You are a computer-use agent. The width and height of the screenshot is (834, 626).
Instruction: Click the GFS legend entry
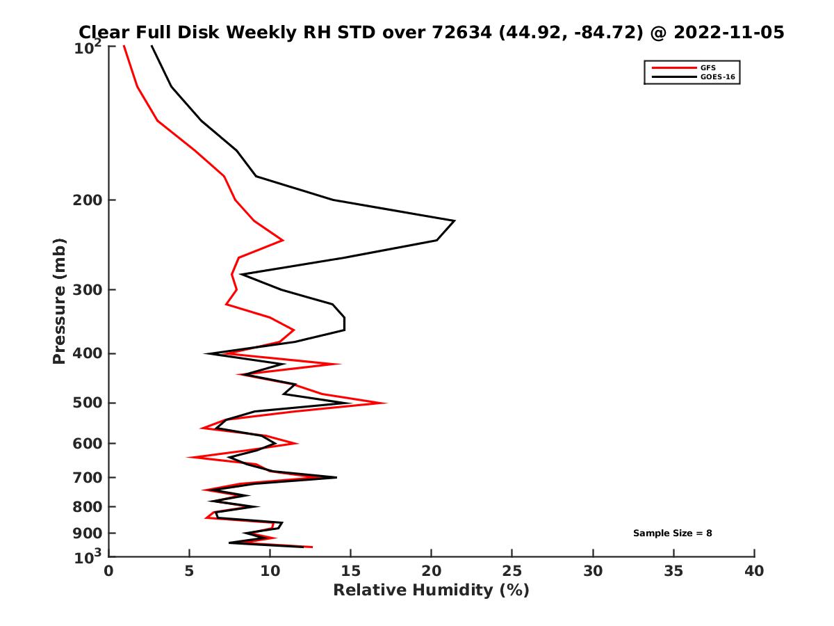click(707, 67)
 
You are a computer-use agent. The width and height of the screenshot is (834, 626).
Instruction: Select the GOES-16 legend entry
click(717, 77)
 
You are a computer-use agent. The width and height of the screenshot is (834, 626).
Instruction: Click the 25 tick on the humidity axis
click(512, 571)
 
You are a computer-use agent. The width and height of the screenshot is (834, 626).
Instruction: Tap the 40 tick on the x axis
click(754, 571)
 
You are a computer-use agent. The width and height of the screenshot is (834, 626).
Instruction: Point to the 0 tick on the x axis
click(108, 571)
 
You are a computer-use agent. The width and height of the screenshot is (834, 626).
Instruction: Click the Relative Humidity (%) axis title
click(431, 591)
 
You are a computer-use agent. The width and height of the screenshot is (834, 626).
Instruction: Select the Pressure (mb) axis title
click(59, 300)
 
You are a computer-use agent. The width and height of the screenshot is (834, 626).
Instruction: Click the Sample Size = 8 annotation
click(672, 533)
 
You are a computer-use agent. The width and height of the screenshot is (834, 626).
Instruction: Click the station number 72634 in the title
click(458, 32)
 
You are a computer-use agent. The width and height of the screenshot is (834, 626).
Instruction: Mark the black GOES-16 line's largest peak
click(454, 221)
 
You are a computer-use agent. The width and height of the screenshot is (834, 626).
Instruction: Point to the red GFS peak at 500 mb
click(386, 403)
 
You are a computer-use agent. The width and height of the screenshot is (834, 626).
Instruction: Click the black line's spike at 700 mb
click(336, 477)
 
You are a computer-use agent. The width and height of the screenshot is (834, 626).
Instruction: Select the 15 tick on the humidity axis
click(351, 571)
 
